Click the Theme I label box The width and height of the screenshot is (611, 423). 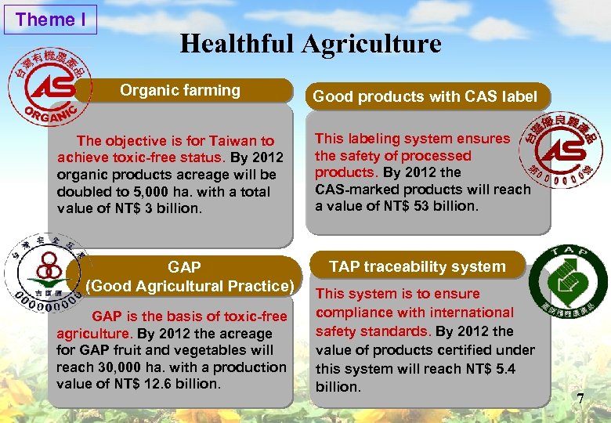pyautogui.click(x=50, y=20)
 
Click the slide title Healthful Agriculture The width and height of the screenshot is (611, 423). pyautogui.click(x=310, y=44)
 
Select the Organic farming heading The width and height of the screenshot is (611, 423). pyautogui.click(x=180, y=90)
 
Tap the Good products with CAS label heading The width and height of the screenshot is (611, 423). pyautogui.click(x=425, y=97)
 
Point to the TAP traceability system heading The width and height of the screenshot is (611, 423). pyautogui.click(x=417, y=266)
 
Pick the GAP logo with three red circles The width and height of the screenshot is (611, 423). pyautogui.click(x=45, y=270)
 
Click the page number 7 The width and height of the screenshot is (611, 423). pyautogui.click(x=580, y=399)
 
